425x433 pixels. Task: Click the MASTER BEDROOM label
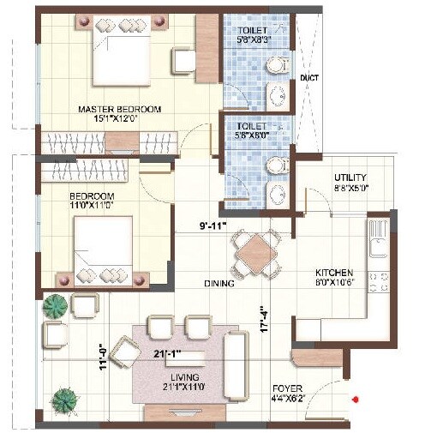point(119,109)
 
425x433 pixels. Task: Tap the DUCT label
point(309,78)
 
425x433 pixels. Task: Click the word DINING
point(221,282)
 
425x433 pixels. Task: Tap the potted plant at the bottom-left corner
point(63,400)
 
